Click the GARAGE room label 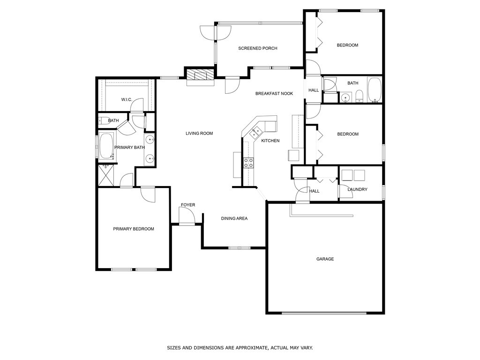[x=325, y=259]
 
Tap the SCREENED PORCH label [x=258, y=48]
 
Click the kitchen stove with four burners [x=248, y=163]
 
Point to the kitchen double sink [x=255, y=133]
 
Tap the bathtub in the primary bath [x=106, y=146]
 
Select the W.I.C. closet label [x=127, y=99]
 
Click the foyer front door [x=187, y=216]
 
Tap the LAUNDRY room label [x=357, y=189]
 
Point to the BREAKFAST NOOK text [x=274, y=93]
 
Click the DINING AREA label [x=234, y=218]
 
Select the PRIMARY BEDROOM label [x=134, y=229]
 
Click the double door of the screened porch [x=216, y=33]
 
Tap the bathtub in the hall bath [x=375, y=90]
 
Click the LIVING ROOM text [x=199, y=133]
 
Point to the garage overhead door [x=324, y=313]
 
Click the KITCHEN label [x=270, y=141]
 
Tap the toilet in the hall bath [x=359, y=97]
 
